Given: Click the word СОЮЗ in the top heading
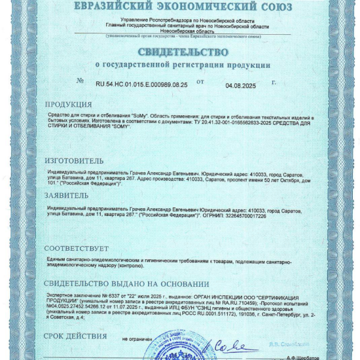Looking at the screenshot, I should click(x=270, y=7).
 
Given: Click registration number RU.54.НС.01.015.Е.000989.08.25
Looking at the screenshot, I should click(x=141, y=85).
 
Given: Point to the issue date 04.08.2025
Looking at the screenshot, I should click(x=241, y=86).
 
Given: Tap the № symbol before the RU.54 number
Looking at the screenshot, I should click(x=80, y=81).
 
